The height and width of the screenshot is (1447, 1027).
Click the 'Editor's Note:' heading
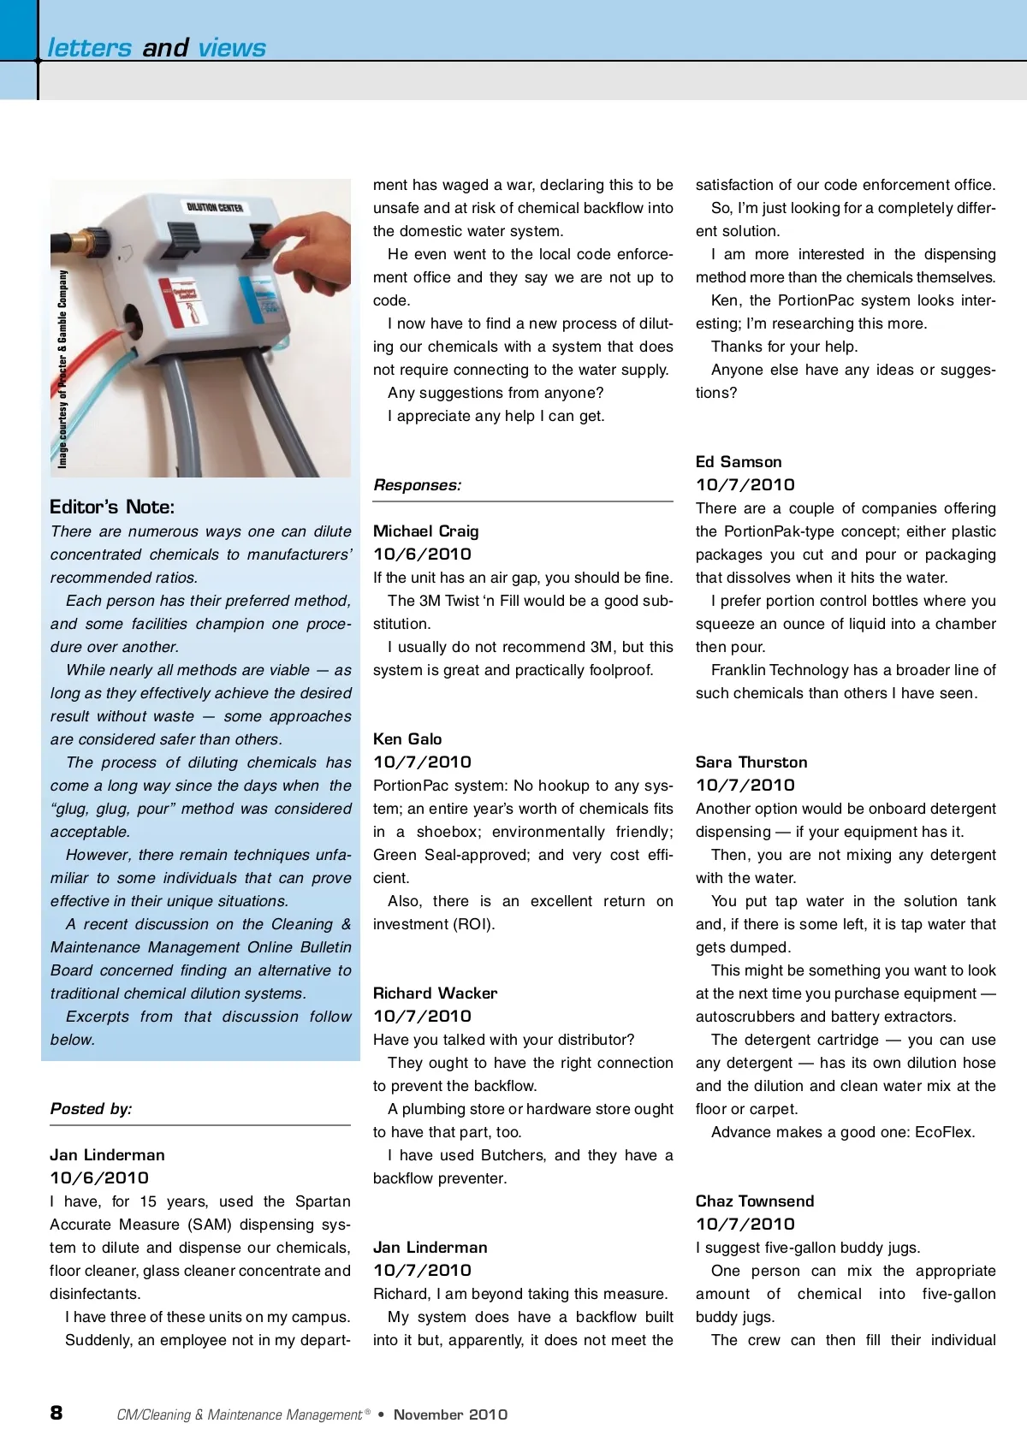tap(112, 507)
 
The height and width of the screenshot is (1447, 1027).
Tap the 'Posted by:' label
tap(91, 1109)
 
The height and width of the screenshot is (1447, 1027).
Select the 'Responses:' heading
tap(417, 485)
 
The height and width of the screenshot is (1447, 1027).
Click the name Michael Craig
tap(425, 531)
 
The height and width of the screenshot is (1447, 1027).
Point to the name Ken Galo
tap(407, 739)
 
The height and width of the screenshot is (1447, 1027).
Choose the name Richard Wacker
tap(435, 993)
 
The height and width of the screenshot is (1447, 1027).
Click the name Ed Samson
tap(739, 462)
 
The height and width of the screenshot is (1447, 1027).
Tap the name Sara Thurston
tap(751, 762)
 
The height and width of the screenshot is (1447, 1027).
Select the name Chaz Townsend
tap(755, 1201)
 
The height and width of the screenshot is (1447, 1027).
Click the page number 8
tap(56, 1413)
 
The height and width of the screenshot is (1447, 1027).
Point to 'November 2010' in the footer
tap(450, 1414)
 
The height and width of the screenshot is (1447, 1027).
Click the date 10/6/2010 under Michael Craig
tap(422, 554)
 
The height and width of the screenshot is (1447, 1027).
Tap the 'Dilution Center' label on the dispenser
tap(215, 207)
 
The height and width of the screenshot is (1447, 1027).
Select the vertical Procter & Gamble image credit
tap(62, 369)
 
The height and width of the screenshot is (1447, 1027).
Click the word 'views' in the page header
tap(232, 48)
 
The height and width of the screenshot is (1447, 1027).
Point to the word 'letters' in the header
tap(89, 48)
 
